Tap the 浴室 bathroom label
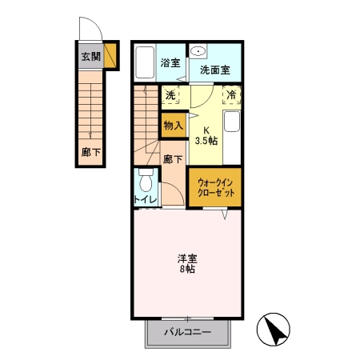pyautogui.click(x=170, y=63)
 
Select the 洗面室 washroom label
pyautogui.click(x=215, y=70)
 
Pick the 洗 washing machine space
pyautogui.click(x=170, y=95)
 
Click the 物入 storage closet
pyautogui.click(x=174, y=125)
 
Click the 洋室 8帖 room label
pyautogui.click(x=187, y=263)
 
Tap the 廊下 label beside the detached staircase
pyautogui.click(x=90, y=151)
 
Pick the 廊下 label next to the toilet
pyautogui.click(x=173, y=158)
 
